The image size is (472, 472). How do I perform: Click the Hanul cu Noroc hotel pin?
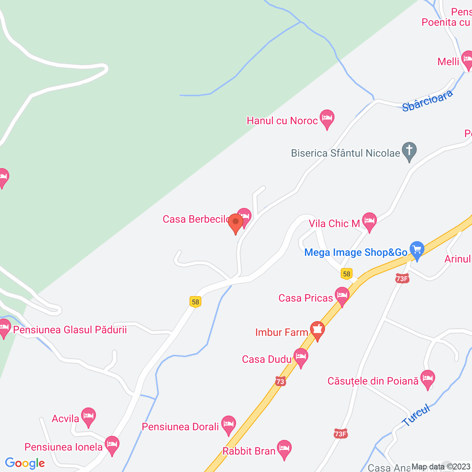327,119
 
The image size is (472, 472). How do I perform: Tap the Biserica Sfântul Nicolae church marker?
409,151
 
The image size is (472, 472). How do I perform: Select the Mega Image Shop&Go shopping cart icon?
417,250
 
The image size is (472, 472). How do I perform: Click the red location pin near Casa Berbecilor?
236,223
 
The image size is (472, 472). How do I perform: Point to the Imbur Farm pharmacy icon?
317,330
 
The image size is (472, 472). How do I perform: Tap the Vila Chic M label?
334,223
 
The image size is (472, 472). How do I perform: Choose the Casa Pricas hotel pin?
342,296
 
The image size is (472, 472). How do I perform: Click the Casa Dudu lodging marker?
301,357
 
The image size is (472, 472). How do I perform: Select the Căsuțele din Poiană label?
373,381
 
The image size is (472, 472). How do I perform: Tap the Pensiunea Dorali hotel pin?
228,425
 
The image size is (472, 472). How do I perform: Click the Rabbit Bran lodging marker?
284,449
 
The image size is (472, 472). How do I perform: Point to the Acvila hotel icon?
88,417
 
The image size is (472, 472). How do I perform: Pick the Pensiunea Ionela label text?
63,447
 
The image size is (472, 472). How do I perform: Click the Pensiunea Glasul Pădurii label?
70,330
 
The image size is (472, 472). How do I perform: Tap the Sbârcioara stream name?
427,101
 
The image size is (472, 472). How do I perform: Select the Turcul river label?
416,415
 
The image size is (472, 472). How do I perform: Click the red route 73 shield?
280,381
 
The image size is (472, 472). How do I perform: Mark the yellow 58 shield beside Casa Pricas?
346,274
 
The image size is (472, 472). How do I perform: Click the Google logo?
25,463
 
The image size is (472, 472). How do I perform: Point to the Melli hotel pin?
467,60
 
